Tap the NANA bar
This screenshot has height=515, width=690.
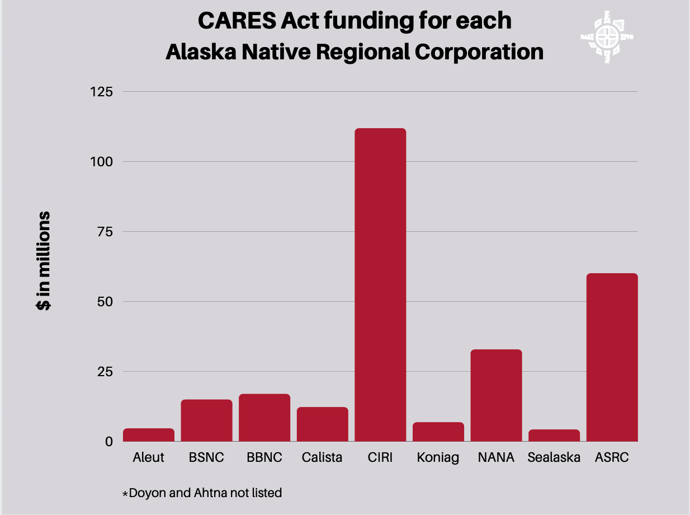[496, 395]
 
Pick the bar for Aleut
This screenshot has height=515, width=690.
[149, 435]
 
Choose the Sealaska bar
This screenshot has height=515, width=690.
[554, 436]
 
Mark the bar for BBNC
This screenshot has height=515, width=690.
[264, 418]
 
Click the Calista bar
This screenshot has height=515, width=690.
[322, 424]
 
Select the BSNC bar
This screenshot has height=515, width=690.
[206, 420]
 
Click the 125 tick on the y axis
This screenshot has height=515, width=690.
[101, 91]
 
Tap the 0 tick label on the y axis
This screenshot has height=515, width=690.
[109, 441]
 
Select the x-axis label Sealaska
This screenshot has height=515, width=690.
[554, 457]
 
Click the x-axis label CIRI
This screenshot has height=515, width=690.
[380, 457]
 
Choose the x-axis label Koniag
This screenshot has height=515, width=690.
[438, 457]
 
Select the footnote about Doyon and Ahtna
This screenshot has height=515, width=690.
[202, 493]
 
